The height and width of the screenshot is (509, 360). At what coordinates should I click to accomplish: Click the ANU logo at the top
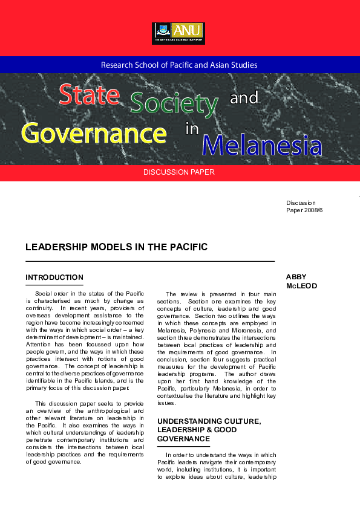pos(179,33)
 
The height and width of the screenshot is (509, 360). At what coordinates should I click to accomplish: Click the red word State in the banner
pos(88,95)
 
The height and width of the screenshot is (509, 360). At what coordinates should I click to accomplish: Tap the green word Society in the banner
pos(174,103)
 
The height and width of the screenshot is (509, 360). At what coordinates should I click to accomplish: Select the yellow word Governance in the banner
pos(94,132)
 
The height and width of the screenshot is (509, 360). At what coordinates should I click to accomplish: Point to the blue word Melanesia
pos(262,145)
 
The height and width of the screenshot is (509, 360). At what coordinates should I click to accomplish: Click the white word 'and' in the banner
pos(244,98)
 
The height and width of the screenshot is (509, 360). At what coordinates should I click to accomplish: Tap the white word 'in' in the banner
pos(192,129)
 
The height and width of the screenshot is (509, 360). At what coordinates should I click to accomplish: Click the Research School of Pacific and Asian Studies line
pos(179,65)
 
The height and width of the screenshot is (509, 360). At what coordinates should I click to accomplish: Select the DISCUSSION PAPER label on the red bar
pos(178,173)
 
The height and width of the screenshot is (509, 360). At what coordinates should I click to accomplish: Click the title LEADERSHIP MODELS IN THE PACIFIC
pos(116,247)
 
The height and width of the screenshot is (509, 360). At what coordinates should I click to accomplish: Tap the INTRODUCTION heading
pos(54,277)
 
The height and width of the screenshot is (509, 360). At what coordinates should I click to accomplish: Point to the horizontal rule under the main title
pos(150,261)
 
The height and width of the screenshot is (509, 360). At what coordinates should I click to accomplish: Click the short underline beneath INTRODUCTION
pos(54,285)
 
